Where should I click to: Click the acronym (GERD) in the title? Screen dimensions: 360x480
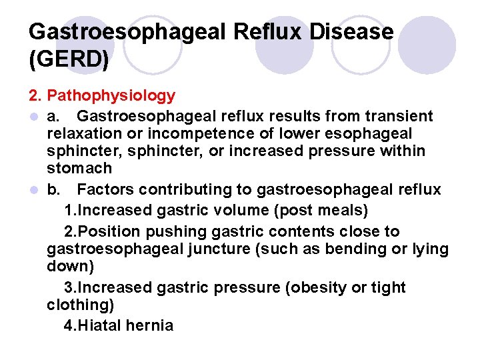tap(69, 59)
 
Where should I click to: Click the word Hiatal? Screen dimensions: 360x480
tap(105, 326)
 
